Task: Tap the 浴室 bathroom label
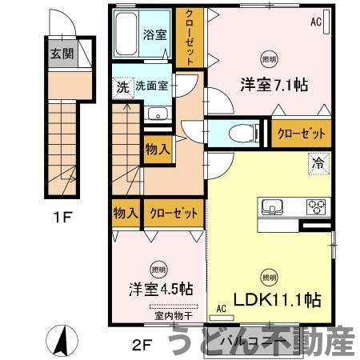pyautogui.click(x=154, y=34)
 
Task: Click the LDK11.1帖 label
pyautogui.click(x=277, y=300)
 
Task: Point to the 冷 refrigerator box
pyautogui.click(x=318, y=163)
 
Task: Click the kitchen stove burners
pyautogui.click(x=316, y=207)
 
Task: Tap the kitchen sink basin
pyautogui.click(x=268, y=207)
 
